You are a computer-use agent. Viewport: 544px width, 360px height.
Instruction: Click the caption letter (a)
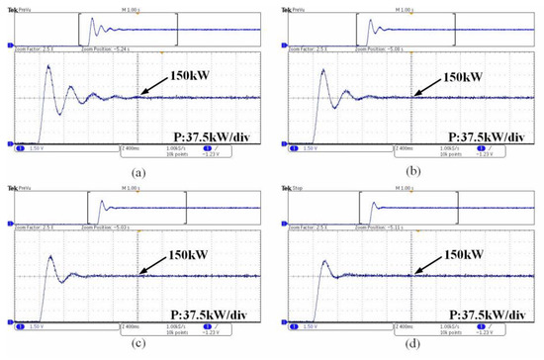coord(136,170)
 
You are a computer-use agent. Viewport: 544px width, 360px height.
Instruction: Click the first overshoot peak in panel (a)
coord(47,66)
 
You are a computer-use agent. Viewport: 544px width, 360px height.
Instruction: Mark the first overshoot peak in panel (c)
coord(47,246)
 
